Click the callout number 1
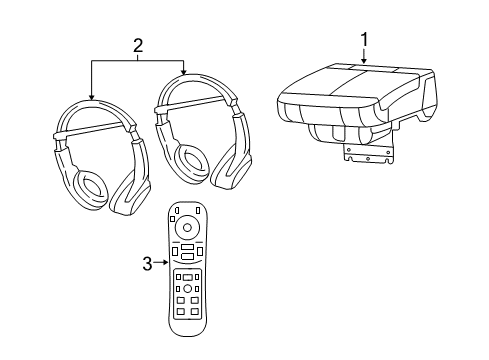[364, 39]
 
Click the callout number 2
[139, 44]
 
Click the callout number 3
[148, 264]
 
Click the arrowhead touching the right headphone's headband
[184, 72]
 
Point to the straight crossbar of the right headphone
[195, 100]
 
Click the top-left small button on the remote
[177, 210]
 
